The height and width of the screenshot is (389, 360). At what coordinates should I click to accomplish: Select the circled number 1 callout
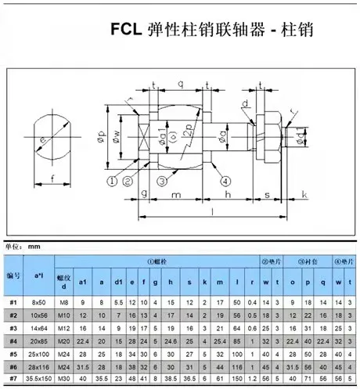(111, 181)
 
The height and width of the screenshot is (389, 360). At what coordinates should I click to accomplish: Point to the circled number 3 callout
(161, 181)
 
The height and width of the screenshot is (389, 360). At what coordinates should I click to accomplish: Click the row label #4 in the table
(12, 341)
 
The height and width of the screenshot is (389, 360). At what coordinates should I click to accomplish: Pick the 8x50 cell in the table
(38, 301)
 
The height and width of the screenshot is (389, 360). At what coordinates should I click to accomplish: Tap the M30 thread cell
(64, 380)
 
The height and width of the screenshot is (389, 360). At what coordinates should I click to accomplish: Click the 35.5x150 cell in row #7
(38, 380)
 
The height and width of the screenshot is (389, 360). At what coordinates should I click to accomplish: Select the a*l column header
(38, 276)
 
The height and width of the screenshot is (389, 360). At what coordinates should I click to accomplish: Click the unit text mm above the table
(34, 246)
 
